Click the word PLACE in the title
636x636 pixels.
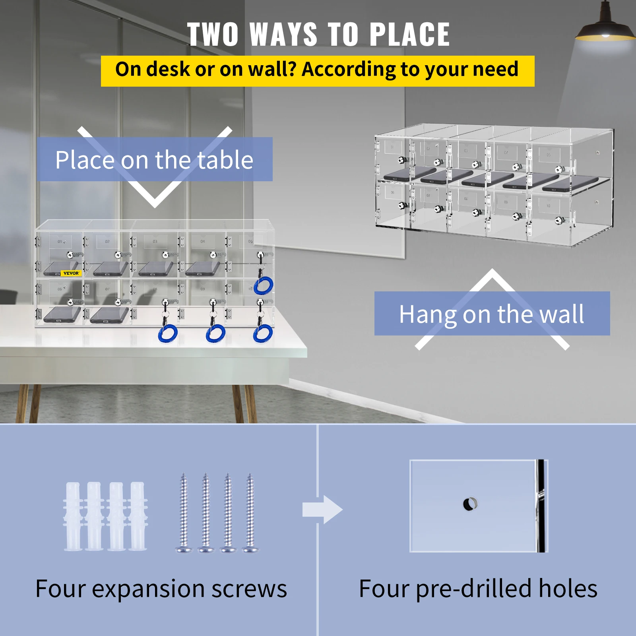409,35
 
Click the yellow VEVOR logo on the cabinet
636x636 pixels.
71,273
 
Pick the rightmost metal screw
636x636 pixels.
250,513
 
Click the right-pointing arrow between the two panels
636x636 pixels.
322,510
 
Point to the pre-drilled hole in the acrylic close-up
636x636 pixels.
470,504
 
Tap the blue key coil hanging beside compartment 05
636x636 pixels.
264,285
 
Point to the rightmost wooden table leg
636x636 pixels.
250,403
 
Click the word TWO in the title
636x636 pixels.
213,35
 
